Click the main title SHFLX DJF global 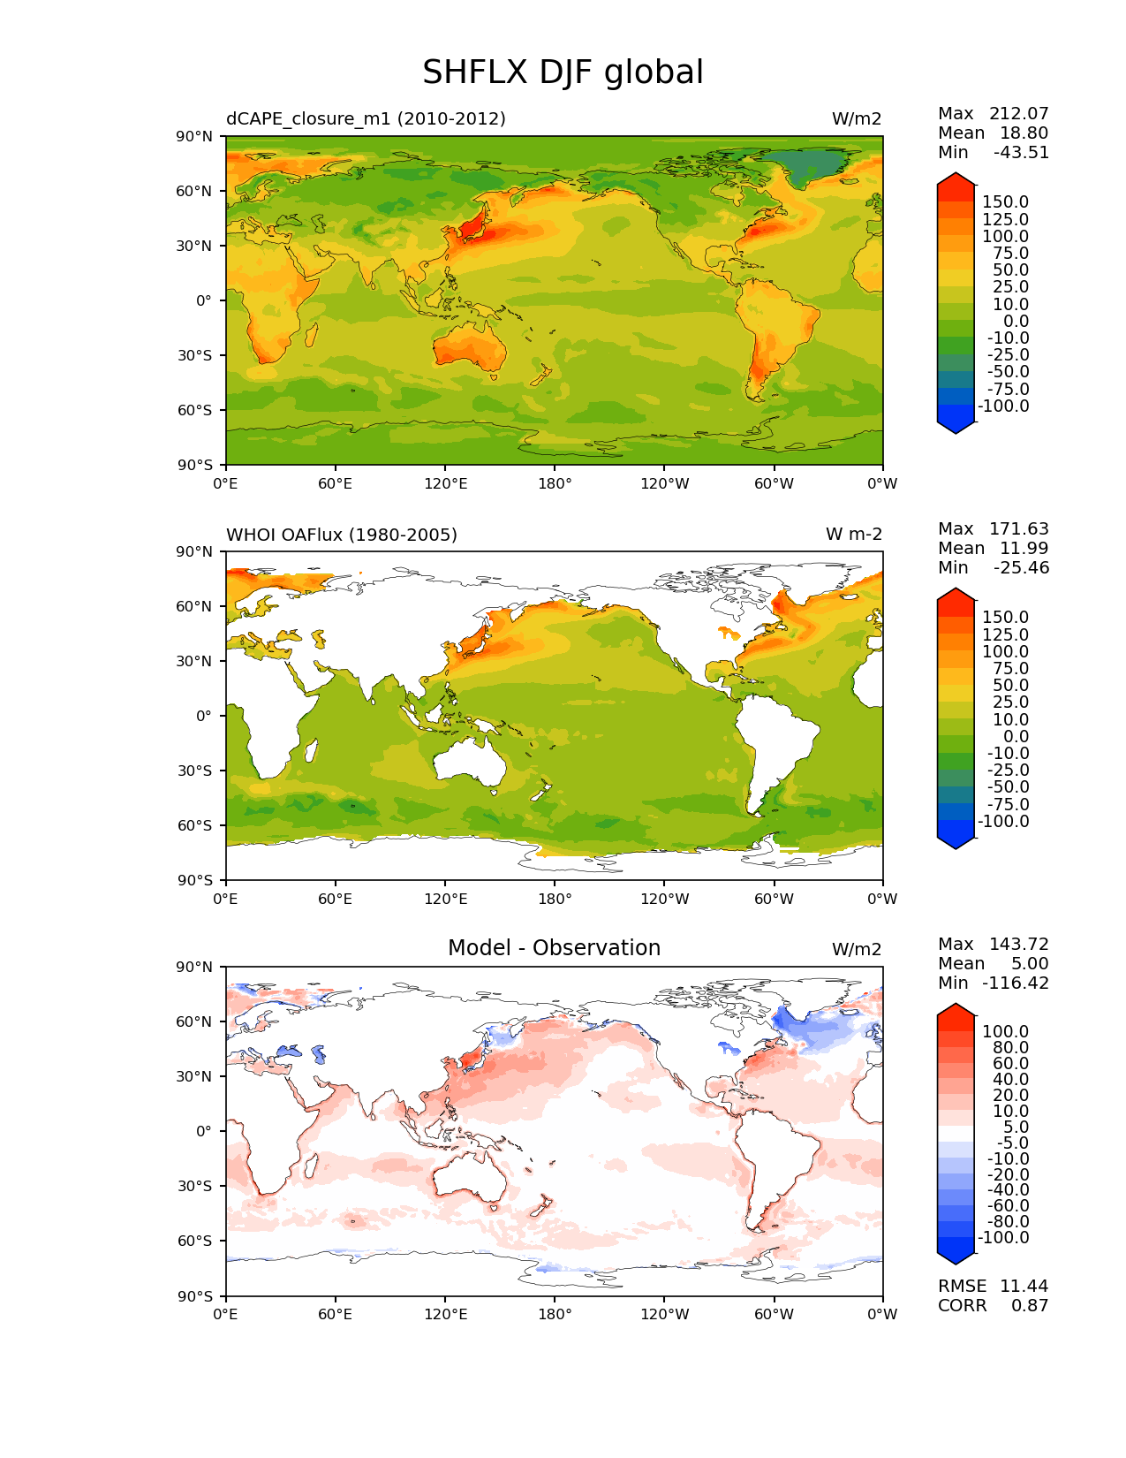pos(563,72)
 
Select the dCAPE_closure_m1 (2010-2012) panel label pos(366,118)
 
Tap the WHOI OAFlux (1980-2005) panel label pos(342,535)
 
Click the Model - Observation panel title pos(554,948)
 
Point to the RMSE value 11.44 pos(1024,1286)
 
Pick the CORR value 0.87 pos(1030,1305)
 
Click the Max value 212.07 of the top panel pos(1018,113)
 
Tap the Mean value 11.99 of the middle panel pos(1024,548)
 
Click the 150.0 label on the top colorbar pos(1005,202)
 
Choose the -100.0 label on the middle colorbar pos(1003,821)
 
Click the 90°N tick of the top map pos(195,136)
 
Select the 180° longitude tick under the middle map pos(555,899)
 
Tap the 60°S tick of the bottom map pos(195,1241)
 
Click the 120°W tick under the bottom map pos(664,1314)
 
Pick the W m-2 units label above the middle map pos(853,535)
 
